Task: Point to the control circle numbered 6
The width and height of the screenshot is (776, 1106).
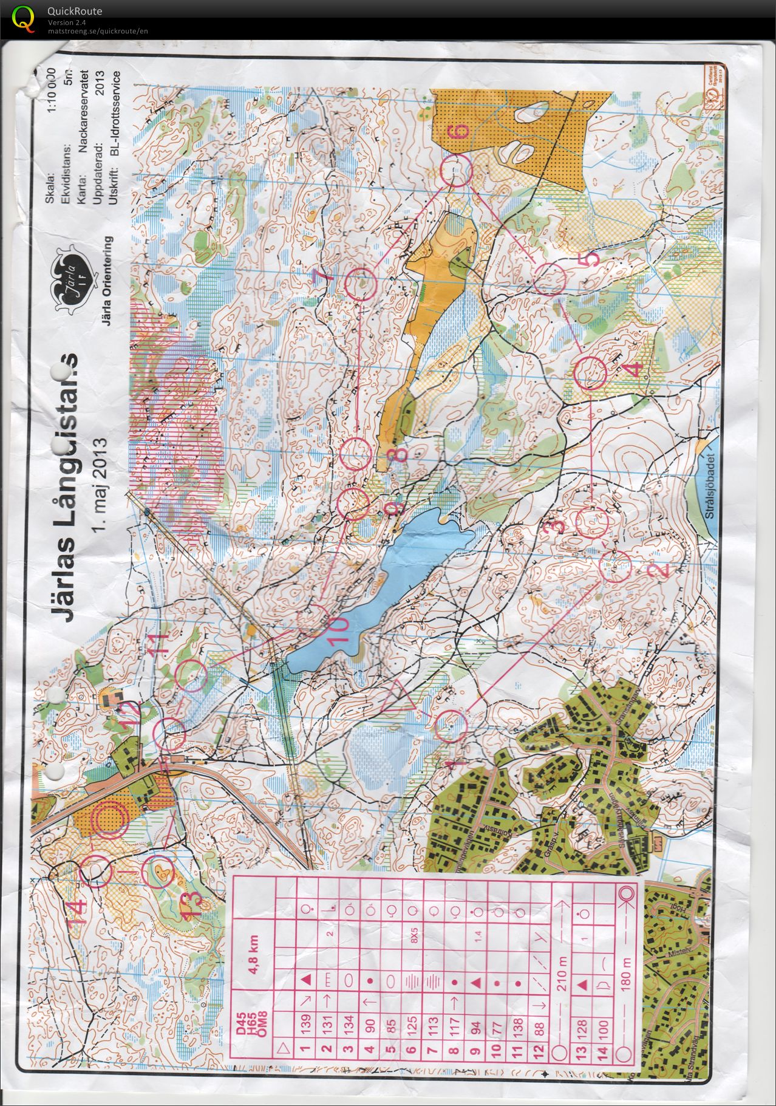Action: [x=456, y=169]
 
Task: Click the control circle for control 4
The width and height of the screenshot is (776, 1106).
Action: [x=590, y=374]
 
